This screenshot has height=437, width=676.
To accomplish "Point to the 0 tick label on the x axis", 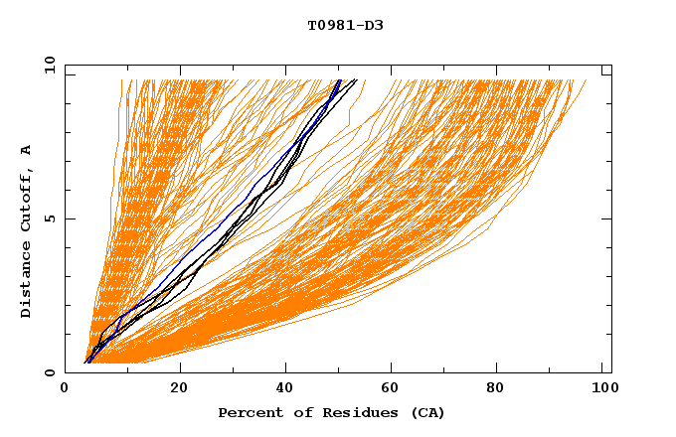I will click(x=65, y=389).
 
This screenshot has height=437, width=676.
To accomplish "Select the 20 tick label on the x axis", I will click(x=179, y=389).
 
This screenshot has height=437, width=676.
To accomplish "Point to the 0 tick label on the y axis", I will click(x=48, y=372).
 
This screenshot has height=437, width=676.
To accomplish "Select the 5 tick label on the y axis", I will click(x=48, y=218).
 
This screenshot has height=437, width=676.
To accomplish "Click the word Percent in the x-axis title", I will click(x=247, y=412).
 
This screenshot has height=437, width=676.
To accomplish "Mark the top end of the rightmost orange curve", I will click(x=586, y=80).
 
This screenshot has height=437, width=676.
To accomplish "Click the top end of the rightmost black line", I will click(x=357, y=80).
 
